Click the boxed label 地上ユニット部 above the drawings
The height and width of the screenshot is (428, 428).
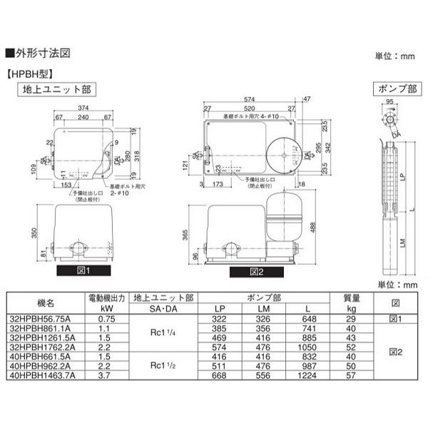(56, 89)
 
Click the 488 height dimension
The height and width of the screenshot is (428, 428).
(312, 225)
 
